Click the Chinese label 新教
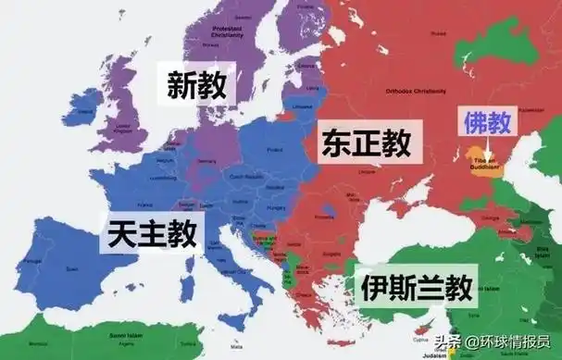[197, 85]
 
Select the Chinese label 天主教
[151, 231]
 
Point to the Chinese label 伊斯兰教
[406, 285]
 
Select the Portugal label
[33, 262]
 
